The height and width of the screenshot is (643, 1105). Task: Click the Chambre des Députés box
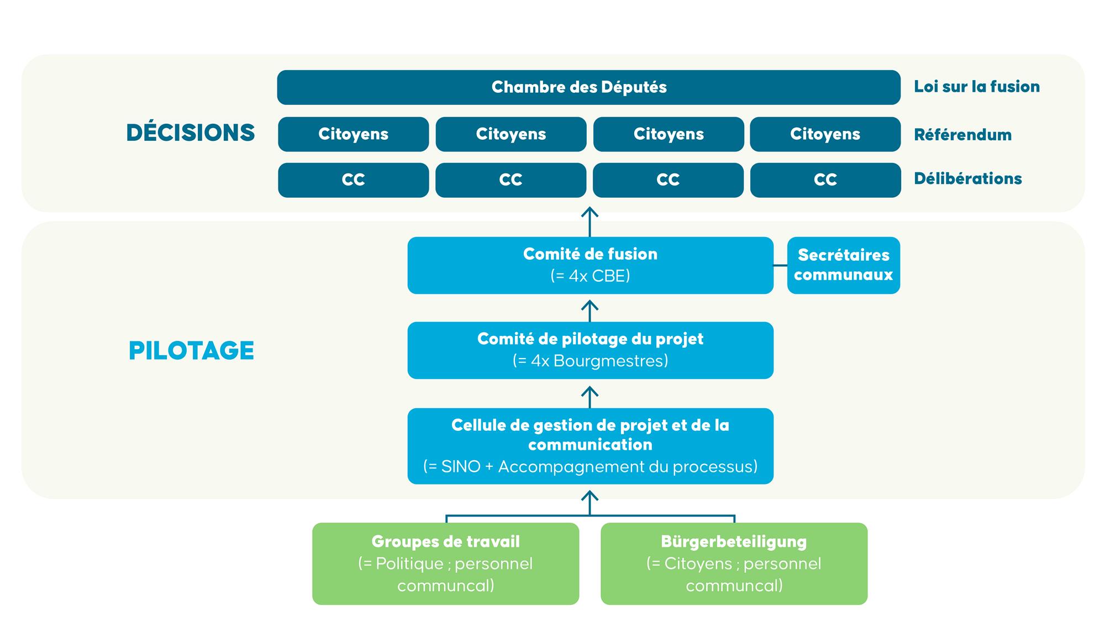(588, 87)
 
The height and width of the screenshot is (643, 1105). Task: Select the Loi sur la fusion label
(977, 87)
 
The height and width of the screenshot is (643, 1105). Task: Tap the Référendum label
(962, 135)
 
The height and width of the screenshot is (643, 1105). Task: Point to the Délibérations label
(967, 179)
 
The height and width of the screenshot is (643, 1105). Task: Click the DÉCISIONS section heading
(191, 133)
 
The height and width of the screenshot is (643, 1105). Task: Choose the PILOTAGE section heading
(191, 351)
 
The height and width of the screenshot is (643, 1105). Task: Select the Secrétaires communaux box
(843, 265)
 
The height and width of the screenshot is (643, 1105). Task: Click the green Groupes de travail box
(445, 563)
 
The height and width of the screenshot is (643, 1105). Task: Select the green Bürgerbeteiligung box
(734, 563)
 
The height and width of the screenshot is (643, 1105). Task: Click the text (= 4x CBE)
(590, 276)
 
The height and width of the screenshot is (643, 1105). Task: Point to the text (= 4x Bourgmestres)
(590, 361)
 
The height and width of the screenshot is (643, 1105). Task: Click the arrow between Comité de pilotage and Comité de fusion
(590, 310)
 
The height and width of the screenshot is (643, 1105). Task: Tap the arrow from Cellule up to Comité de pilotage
(590, 396)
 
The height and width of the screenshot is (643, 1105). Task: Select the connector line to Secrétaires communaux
(780, 266)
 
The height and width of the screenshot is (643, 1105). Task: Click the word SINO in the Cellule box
(461, 467)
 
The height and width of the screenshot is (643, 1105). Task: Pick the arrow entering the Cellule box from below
(590, 502)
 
